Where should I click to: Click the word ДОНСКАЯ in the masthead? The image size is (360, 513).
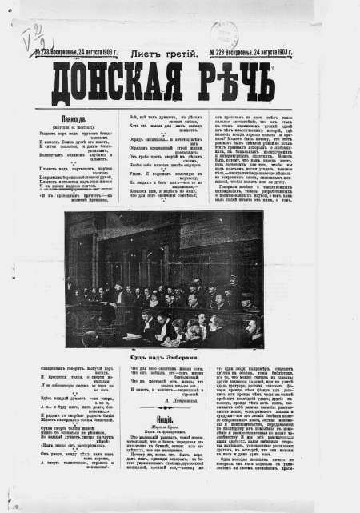125,78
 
